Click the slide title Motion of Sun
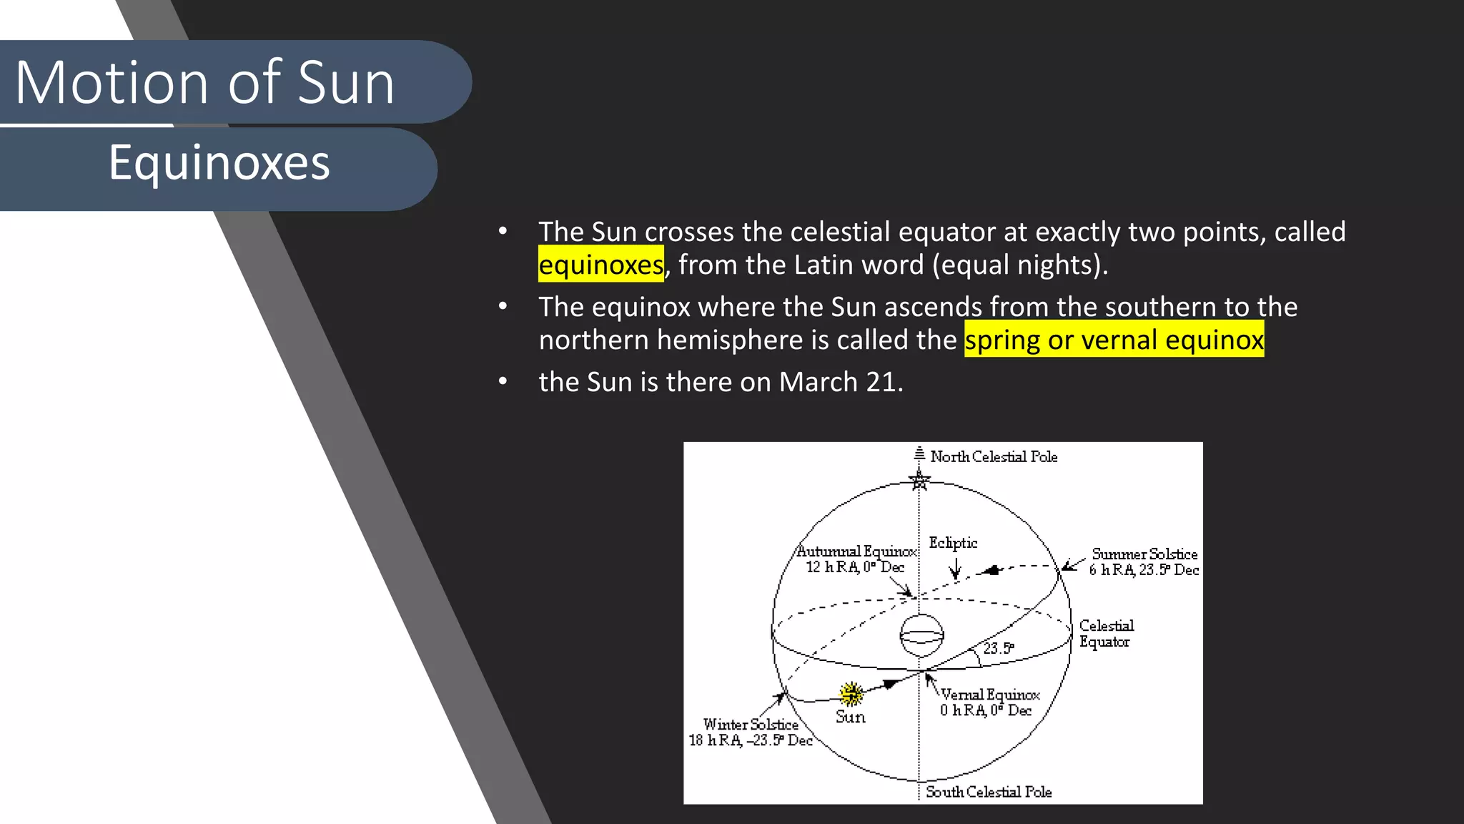tap(204, 82)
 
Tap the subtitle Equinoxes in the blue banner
tap(219, 162)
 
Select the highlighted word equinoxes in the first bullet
tap(600, 265)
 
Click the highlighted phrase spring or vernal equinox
tap(1114, 340)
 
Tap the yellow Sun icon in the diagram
tap(851, 693)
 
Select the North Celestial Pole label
tap(994, 456)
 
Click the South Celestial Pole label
tap(989, 792)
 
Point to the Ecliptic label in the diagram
tap(953, 543)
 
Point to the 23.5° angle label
tap(999, 648)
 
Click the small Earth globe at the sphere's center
tap(921, 635)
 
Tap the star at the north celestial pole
tap(919, 480)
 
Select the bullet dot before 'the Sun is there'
tap(503, 382)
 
